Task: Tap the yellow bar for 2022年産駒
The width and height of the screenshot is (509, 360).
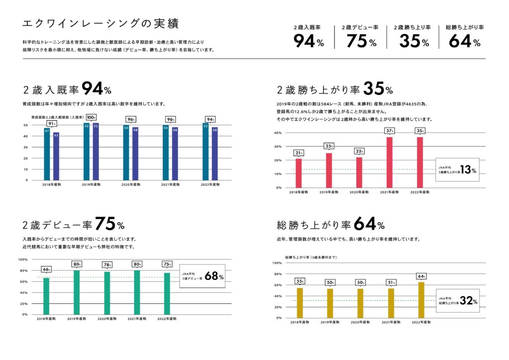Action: [422, 300]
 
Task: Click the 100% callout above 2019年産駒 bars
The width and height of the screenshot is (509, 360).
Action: [91, 117]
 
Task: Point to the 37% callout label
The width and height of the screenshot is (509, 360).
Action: [389, 131]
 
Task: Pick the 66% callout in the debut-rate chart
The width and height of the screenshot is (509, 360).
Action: [46, 270]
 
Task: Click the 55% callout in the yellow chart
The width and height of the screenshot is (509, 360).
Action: [300, 281]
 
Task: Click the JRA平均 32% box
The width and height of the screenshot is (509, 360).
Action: [458, 300]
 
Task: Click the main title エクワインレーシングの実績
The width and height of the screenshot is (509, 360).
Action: [101, 24]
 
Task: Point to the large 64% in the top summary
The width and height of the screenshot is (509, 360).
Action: [464, 41]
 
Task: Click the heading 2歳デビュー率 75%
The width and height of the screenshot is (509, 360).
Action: [74, 225]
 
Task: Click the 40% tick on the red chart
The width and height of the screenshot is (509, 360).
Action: [277, 133]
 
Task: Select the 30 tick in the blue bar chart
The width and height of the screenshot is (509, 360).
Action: [25, 147]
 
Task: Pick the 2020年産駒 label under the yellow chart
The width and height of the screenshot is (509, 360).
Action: [360, 323]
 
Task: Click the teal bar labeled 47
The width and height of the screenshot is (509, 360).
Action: [47, 154]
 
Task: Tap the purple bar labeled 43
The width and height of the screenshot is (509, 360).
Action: [56, 156]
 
